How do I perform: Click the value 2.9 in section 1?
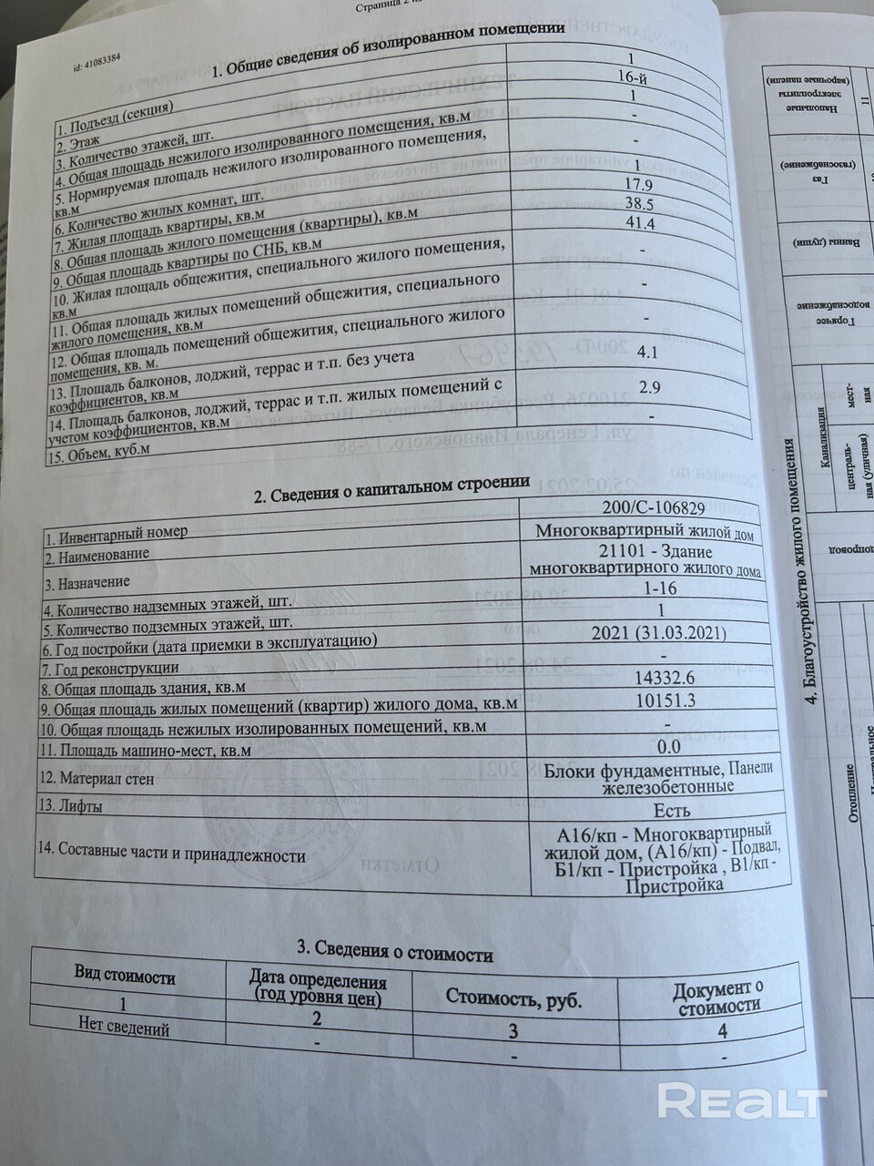[x=649, y=388]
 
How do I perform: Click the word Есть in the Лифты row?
[x=671, y=808]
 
